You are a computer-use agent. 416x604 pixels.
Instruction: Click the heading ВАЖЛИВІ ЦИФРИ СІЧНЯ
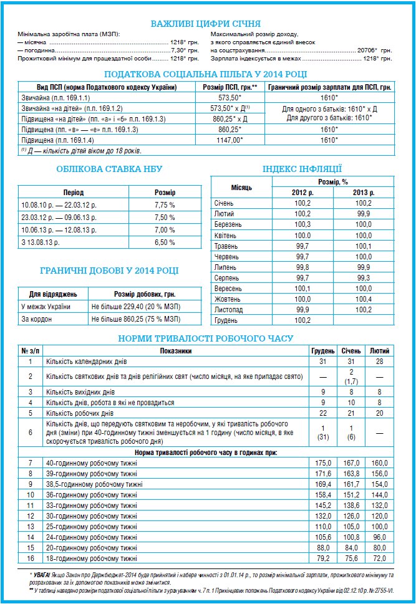tap(205, 24)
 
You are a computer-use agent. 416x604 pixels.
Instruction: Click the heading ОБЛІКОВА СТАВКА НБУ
tap(109, 169)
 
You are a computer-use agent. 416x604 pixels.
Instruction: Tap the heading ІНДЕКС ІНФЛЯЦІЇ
tap(302, 169)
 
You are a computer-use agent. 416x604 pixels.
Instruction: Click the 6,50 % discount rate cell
tap(165, 242)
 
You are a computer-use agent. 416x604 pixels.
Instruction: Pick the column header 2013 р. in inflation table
tap(363, 192)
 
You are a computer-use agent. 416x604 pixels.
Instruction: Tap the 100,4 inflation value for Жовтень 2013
tap(363, 299)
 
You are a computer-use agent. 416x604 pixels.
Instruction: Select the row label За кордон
tap(36, 319)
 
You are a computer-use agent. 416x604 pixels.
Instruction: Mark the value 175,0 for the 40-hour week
tap(322, 463)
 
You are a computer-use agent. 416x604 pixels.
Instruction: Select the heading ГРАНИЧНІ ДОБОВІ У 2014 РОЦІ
tap(109, 271)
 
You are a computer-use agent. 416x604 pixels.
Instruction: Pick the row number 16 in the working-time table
tap(29, 558)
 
